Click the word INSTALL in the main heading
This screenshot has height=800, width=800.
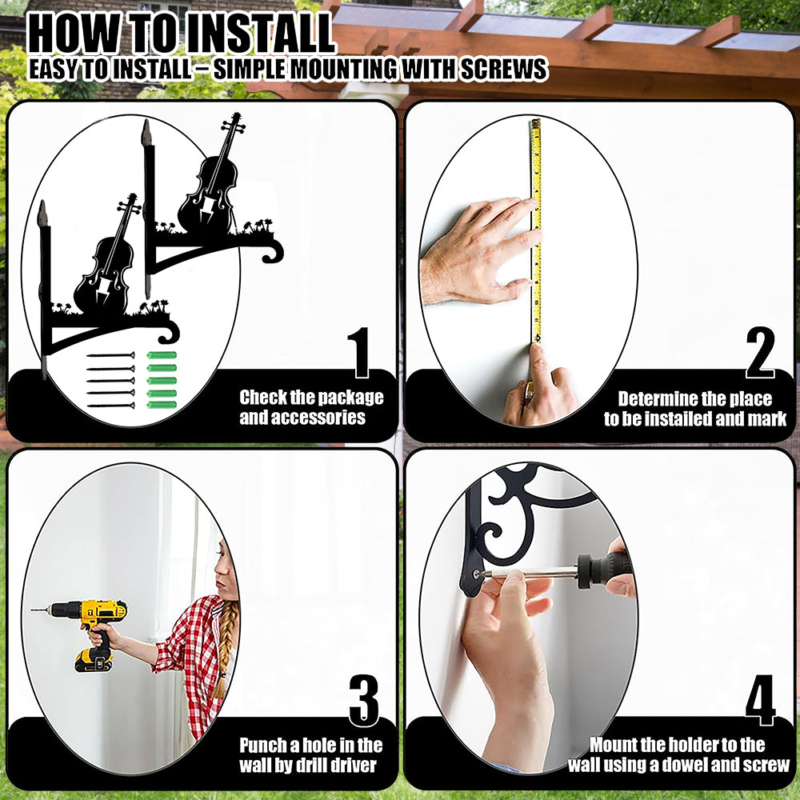258,34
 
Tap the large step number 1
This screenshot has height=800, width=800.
360,352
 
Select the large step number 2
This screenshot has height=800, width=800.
760,352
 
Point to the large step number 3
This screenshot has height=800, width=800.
364,700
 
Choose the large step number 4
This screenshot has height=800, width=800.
760,700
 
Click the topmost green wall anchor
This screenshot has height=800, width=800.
162,355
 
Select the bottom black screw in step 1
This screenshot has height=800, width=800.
111,406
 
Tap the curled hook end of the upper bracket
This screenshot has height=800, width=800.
273,251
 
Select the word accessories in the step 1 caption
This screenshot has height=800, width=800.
302,418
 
